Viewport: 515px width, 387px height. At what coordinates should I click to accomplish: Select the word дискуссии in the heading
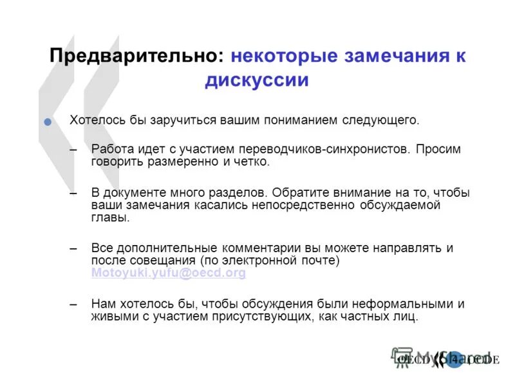257,80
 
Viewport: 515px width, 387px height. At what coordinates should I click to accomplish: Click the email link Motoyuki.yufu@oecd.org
169,273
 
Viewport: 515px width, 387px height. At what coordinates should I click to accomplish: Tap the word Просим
438,149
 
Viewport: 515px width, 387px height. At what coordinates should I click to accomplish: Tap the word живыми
111,316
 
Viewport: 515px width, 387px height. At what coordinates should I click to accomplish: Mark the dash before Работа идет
74,150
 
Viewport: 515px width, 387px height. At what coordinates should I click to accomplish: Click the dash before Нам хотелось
74,304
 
